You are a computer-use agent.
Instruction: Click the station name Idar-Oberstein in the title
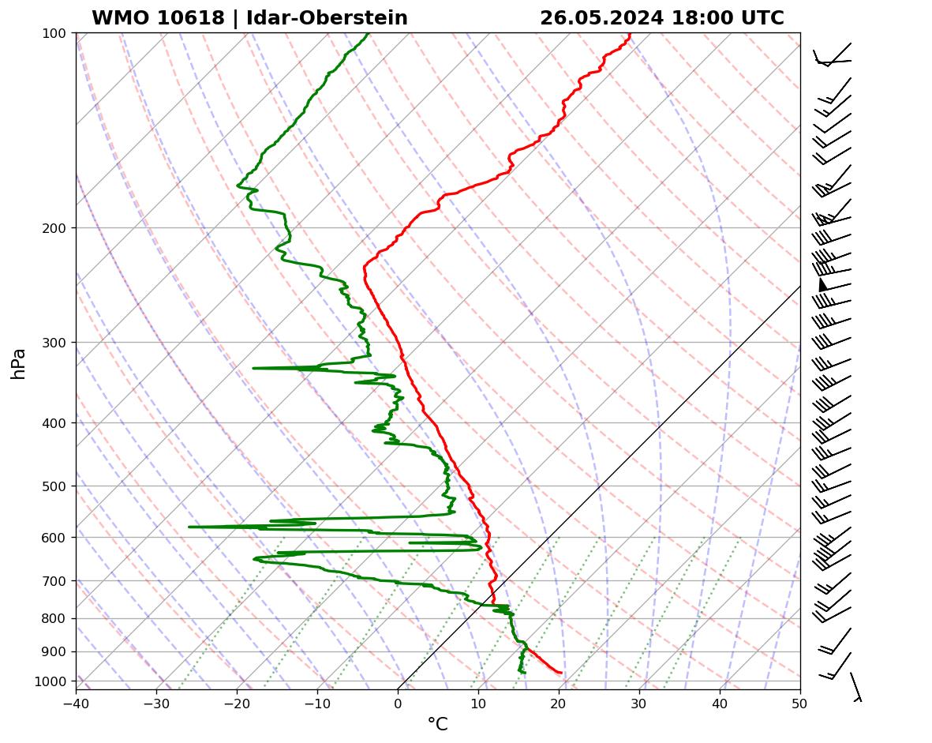pyautogui.click(x=327, y=18)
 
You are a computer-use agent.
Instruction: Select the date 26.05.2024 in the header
pyautogui.click(x=601, y=18)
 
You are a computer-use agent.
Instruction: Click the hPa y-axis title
pyautogui.click(x=18, y=363)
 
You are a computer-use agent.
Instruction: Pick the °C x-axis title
pyautogui.click(x=437, y=724)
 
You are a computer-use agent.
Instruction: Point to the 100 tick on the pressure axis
pyautogui.click(x=54, y=33)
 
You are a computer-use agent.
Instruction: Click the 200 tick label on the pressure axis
pyautogui.click(x=54, y=228)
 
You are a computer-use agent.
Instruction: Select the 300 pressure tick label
pyautogui.click(x=54, y=343)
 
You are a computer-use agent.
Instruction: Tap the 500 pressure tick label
pyautogui.click(x=54, y=486)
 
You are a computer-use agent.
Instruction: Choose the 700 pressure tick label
pyautogui.click(x=54, y=581)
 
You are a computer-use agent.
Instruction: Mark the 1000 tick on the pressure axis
pyautogui.click(x=51, y=681)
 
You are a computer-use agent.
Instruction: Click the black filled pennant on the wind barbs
pyautogui.click(x=823, y=284)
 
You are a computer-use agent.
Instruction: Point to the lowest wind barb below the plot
pyautogui.click(x=855, y=687)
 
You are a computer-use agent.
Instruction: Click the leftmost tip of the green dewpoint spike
pyautogui.click(x=189, y=527)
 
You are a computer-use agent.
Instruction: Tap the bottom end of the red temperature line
pyautogui.click(x=560, y=673)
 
